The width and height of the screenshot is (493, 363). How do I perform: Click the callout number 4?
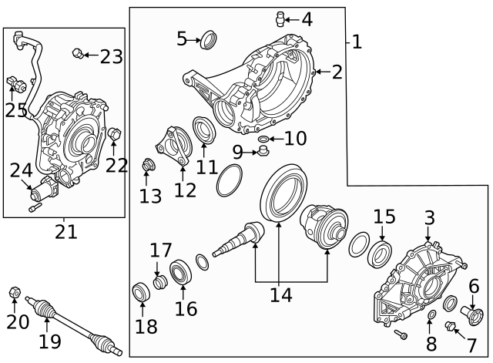[x=307, y=18]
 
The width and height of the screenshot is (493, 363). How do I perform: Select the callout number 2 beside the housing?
[x=336, y=72]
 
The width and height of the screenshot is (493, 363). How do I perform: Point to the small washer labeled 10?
[x=263, y=139]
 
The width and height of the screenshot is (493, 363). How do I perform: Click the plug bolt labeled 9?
[x=261, y=153]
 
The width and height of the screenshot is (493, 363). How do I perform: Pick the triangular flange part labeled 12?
[x=172, y=146]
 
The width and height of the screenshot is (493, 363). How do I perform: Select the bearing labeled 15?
[x=380, y=250]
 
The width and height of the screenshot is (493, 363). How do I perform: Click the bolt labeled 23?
[x=77, y=53]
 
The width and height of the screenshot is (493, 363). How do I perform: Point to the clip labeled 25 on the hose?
[x=13, y=82]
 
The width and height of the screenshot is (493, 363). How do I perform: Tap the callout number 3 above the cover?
[x=429, y=218]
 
